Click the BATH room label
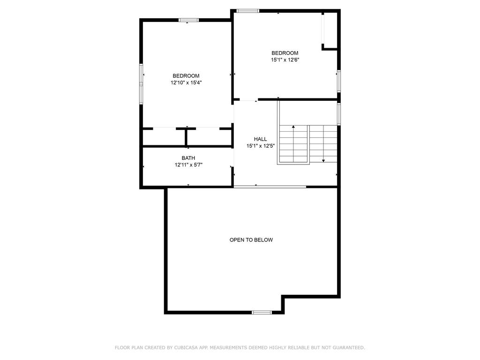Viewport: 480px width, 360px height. (188, 158)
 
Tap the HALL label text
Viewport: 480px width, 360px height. (260, 139)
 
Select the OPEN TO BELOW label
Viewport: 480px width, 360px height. (251, 240)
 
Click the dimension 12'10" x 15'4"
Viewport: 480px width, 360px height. (186, 82)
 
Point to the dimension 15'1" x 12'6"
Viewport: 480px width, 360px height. (285, 60)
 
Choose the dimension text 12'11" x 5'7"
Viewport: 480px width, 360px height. (188, 165)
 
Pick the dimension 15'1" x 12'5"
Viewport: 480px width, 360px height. (260, 146)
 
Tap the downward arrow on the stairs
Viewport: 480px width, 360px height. (323, 160)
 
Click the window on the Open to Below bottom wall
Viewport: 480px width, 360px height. (262, 312)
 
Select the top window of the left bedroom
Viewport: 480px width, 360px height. (188, 20)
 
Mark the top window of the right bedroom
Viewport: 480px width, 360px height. (247, 10)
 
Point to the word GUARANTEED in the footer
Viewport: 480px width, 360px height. (348, 348)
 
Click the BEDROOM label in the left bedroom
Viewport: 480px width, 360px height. (186, 76)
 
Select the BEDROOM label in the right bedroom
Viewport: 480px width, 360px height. (285, 53)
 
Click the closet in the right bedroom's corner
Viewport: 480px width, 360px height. (330, 29)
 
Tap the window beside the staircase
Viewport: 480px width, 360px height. (339, 113)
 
